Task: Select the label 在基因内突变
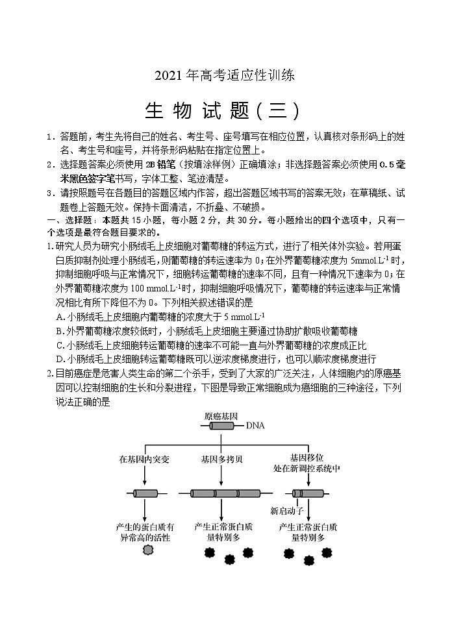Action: [x=144, y=459]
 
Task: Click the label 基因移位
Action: [x=307, y=456]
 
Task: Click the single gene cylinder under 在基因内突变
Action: [x=145, y=493]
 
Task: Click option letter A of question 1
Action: [x=60, y=317]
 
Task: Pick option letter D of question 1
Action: [x=60, y=359]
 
